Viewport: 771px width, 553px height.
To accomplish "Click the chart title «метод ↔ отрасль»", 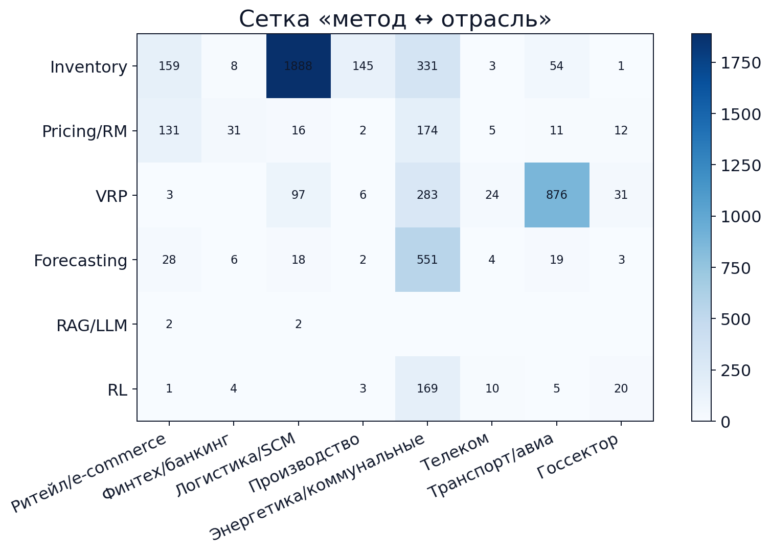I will pyautogui.click(x=395, y=19).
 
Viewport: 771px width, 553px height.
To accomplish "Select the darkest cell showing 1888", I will pyautogui.click(x=299, y=66).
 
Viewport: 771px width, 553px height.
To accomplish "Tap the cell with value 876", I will pyautogui.click(x=557, y=195).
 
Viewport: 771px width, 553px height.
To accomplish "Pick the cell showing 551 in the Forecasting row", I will pyautogui.click(x=427, y=260).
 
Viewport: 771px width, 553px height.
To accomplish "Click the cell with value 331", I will pyautogui.click(x=427, y=66).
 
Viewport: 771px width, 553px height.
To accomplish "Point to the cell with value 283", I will pyautogui.click(x=427, y=195).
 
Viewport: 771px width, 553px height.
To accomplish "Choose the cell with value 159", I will pyautogui.click(x=169, y=66).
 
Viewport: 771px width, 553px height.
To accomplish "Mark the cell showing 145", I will pyautogui.click(x=363, y=66).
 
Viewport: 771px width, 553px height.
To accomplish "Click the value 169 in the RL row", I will pyautogui.click(x=427, y=388).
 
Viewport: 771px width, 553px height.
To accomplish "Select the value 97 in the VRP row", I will pyautogui.click(x=299, y=195).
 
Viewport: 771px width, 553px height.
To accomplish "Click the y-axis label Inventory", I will pyautogui.click(x=88, y=67).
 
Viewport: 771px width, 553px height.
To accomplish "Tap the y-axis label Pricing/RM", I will pyautogui.click(x=84, y=131).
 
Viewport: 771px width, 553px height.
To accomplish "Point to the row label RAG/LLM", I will pyautogui.click(x=92, y=325).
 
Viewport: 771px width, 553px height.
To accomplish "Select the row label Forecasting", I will pyautogui.click(x=80, y=261).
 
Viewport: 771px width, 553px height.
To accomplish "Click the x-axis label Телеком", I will pyautogui.click(x=456, y=452).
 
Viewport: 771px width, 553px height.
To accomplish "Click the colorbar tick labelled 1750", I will pyautogui.click(x=741, y=63).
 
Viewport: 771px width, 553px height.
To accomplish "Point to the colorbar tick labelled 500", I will pyautogui.click(x=735, y=319).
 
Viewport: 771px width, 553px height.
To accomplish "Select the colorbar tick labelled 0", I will pyautogui.click(x=725, y=422).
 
